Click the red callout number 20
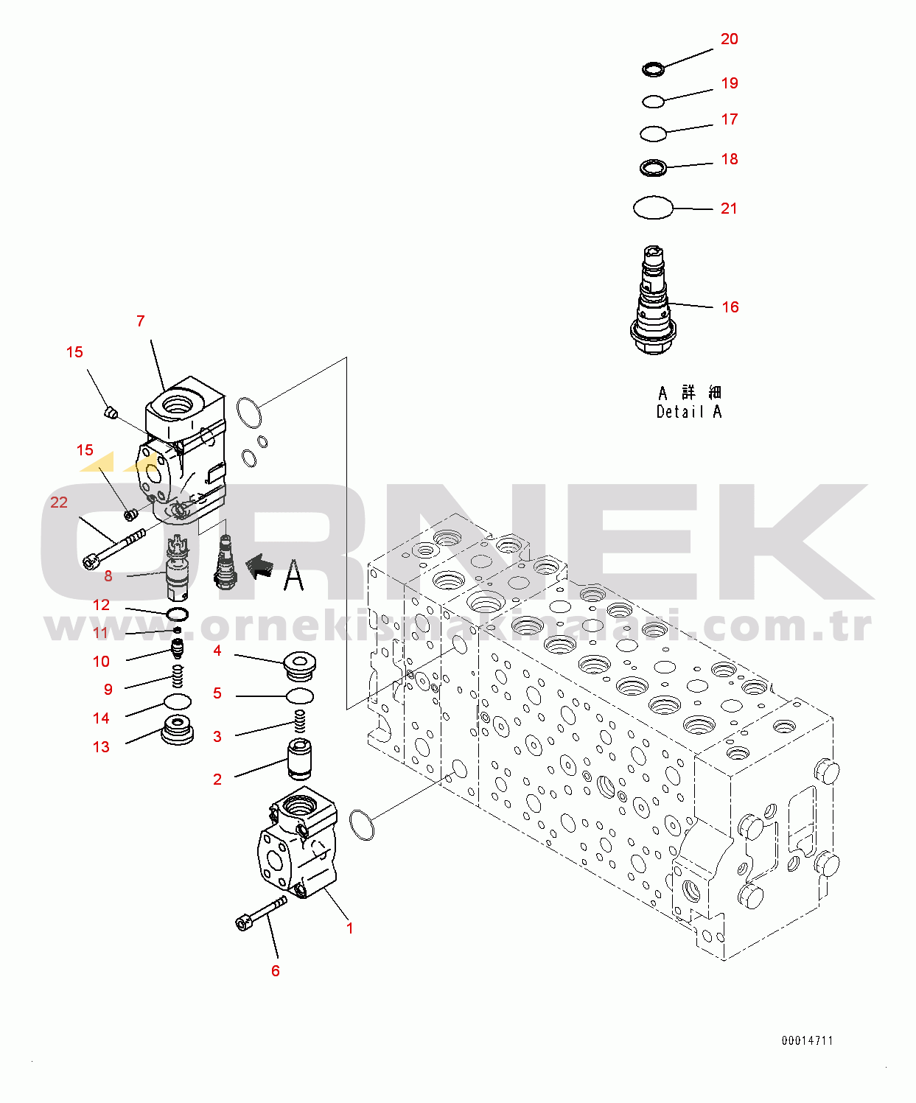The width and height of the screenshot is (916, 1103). [729, 39]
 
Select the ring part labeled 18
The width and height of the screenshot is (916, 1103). [653, 168]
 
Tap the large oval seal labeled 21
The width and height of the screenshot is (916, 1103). [653, 208]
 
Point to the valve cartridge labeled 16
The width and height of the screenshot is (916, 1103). [654, 302]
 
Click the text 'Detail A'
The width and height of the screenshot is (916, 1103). [689, 412]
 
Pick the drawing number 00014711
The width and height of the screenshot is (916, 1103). [807, 1040]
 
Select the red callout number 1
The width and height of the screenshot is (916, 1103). [350, 928]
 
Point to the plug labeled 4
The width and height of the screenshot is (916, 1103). [300, 665]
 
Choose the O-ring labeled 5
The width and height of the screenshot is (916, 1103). [300, 696]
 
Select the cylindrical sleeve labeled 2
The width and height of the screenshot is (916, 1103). [299, 759]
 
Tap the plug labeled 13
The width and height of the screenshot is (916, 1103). [178, 729]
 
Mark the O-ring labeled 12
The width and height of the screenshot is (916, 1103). [177, 614]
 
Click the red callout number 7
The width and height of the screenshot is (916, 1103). [141, 321]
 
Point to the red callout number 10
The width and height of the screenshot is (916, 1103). [102, 662]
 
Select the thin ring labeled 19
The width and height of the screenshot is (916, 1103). [653, 101]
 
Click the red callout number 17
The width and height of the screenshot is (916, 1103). [729, 119]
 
